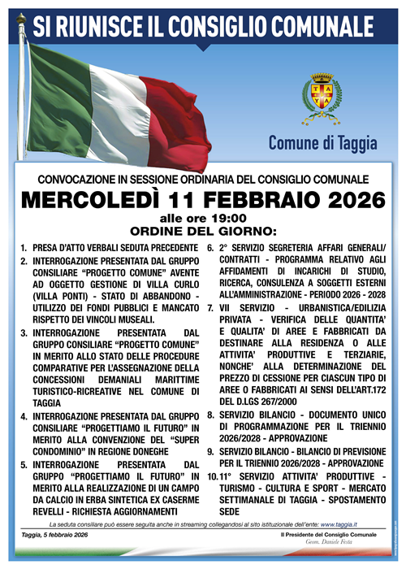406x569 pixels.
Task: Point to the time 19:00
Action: point(226,217)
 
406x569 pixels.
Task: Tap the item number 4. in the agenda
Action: point(24,417)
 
